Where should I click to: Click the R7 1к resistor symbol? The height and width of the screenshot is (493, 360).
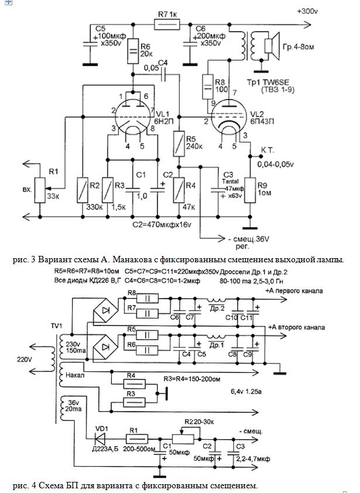click(x=167, y=24)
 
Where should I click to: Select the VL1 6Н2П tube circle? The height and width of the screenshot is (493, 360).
click(x=133, y=117)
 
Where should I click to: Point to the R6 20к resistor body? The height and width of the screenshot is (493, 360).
click(x=133, y=50)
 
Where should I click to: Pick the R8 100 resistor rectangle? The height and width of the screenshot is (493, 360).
click(x=207, y=86)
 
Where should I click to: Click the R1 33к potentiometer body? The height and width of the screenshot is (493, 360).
click(x=40, y=190)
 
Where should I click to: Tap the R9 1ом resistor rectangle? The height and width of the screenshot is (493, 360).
click(x=251, y=190)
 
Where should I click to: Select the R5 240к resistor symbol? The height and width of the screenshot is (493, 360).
click(x=179, y=143)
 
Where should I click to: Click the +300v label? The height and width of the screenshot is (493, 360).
click(x=307, y=11)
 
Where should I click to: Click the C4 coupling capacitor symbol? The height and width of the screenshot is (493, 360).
click(x=163, y=74)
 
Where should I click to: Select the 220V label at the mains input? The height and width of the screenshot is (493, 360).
click(x=24, y=358)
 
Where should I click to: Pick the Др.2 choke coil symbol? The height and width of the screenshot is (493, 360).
click(x=217, y=300)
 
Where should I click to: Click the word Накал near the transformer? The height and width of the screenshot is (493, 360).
click(x=75, y=375)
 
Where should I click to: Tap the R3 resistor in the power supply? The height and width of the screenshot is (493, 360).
click(x=135, y=402)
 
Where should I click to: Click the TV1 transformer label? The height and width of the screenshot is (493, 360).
click(x=57, y=326)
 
